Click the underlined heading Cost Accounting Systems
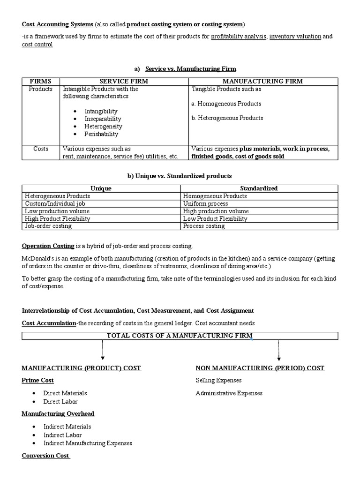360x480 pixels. click(58, 24)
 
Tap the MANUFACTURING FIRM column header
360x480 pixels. click(262, 81)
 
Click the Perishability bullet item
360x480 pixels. click(101, 134)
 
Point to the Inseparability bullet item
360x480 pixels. click(103, 119)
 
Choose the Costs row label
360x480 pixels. click(41, 149)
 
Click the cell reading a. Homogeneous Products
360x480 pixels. click(226, 104)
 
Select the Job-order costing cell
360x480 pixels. click(48, 226)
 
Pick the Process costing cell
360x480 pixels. click(204, 226)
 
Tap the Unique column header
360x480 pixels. click(101, 188)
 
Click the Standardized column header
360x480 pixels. click(259, 188)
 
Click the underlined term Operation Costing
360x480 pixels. click(48, 246)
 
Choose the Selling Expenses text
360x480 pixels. click(218, 381)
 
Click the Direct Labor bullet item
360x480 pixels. click(60, 402)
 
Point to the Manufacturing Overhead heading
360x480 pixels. click(58, 413)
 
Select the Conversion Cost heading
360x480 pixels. click(45, 456)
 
